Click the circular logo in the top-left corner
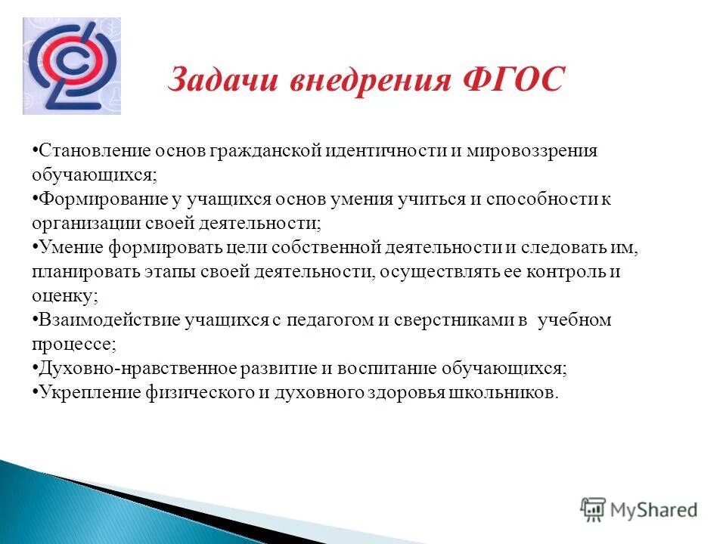click(x=71, y=66)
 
